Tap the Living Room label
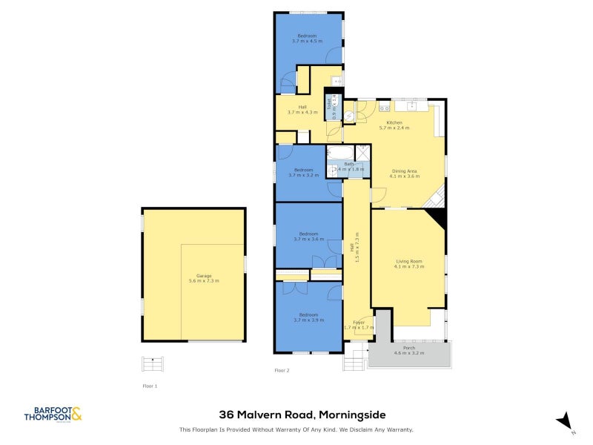point(409,263)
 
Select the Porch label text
point(408,348)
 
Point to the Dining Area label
point(405,174)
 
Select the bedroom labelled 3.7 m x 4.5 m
point(308,39)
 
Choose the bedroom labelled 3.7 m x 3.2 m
point(306,173)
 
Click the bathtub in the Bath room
point(341,154)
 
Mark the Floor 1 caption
point(150,386)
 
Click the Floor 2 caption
point(282,370)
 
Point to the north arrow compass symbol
point(566,421)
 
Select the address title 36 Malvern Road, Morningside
point(302,415)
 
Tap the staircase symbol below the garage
point(152,364)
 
